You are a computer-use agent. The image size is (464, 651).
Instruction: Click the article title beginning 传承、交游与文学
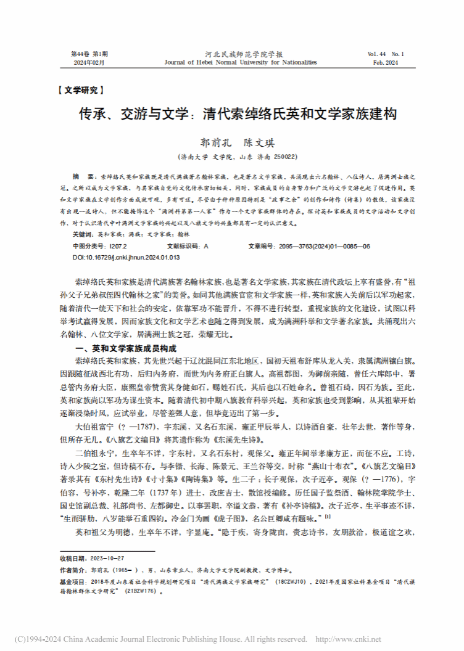(231, 114)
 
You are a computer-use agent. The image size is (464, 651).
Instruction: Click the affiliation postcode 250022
(285, 157)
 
